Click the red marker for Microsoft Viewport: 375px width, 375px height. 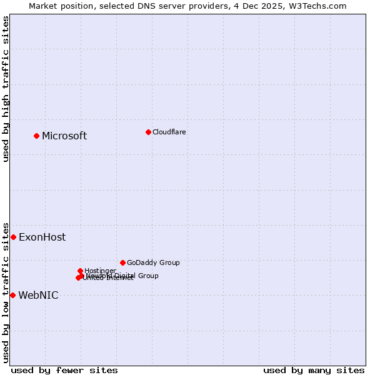tap(36, 136)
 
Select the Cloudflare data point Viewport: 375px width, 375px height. tap(148, 132)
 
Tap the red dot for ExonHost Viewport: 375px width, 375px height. tap(13, 237)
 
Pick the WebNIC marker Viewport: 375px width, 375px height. tap(12, 295)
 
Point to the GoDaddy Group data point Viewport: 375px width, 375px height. tap(122, 262)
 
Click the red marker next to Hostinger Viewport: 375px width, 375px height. tap(80, 271)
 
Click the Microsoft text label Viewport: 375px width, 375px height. tap(64, 136)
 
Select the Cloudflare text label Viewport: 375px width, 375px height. tap(169, 132)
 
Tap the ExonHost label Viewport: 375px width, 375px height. tap(42, 237)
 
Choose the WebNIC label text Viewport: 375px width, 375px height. tap(38, 296)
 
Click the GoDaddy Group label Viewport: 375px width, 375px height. tap(153, 262)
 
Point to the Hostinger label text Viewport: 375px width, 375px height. tap(100, 271)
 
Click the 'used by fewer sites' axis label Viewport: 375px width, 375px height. tap(64, 370)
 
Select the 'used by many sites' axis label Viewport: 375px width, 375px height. tap(314, 370)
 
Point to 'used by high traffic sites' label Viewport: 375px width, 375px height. tap(6, 89)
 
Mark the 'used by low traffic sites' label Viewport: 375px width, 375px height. tap(6, 292)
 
